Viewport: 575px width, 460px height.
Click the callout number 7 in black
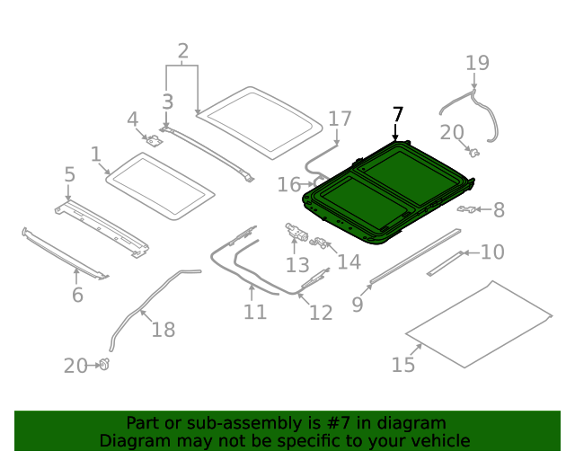click(398, 115)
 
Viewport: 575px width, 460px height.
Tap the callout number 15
click(403, 364)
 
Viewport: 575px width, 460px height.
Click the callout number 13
click(297, 265)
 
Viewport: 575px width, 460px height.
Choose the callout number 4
click(132, 119)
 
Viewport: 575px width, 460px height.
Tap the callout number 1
click(96, 155)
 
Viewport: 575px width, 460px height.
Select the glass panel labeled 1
click(160, 185)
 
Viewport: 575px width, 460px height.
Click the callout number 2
click(183, 51)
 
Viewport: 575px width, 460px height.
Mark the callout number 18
click(163, 330)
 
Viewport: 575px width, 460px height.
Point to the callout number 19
click(477, 63)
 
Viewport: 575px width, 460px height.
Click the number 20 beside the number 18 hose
click(75, 366)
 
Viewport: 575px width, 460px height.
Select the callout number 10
click(492, 252)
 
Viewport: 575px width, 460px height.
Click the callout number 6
click(77, 296)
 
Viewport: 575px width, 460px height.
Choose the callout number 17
click(340, 119)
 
